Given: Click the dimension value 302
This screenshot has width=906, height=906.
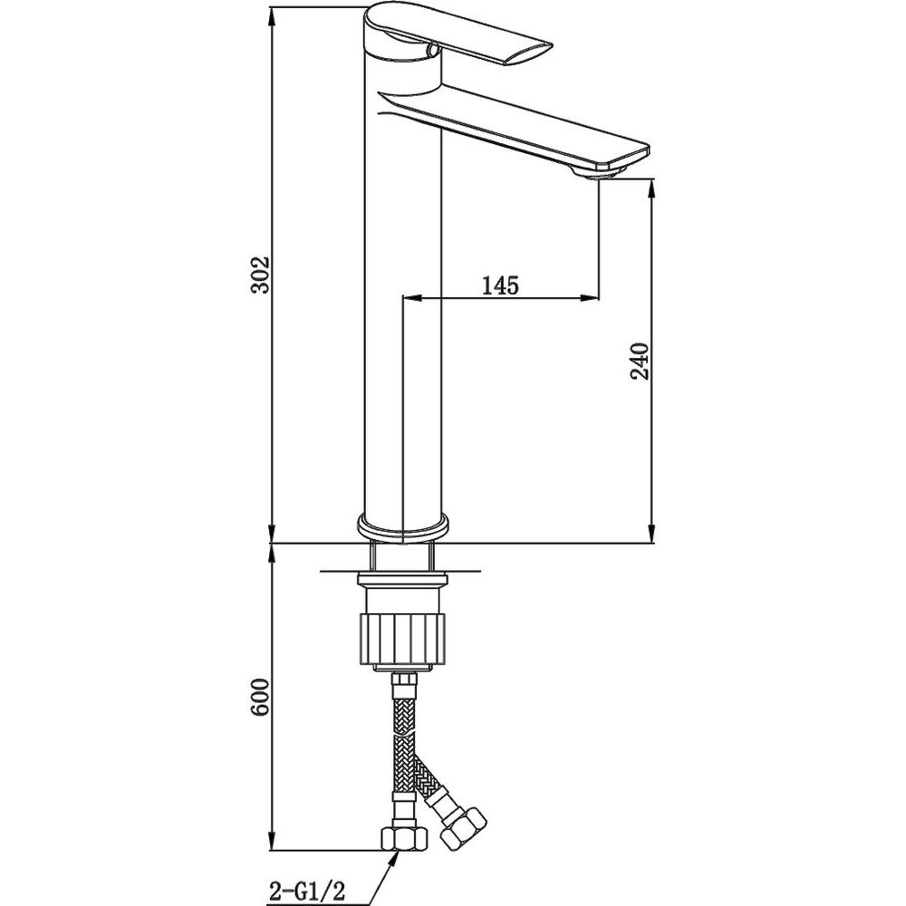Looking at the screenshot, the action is [261, 275].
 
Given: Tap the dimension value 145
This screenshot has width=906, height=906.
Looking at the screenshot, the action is [500, 284].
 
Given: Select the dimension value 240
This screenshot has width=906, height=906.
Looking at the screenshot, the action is [640, 361].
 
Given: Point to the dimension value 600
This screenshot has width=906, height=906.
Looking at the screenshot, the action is [261, 698].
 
